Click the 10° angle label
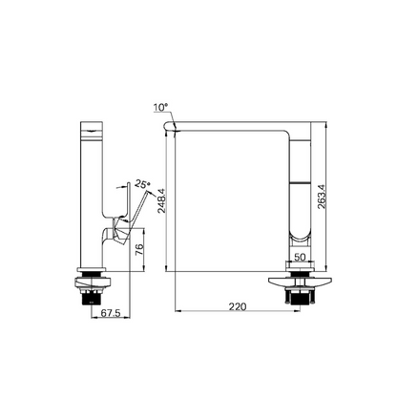tap(160, 108)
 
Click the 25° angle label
tap(142, 184)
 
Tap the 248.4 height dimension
tap(162, 200)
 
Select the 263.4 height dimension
tap(322, 197)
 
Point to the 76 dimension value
tap(139, 250)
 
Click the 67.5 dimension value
tap(111, 313)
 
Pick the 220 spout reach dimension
tap(238, 306)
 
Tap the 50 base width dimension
tap(300, 257)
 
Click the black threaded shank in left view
tap(91, 298)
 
